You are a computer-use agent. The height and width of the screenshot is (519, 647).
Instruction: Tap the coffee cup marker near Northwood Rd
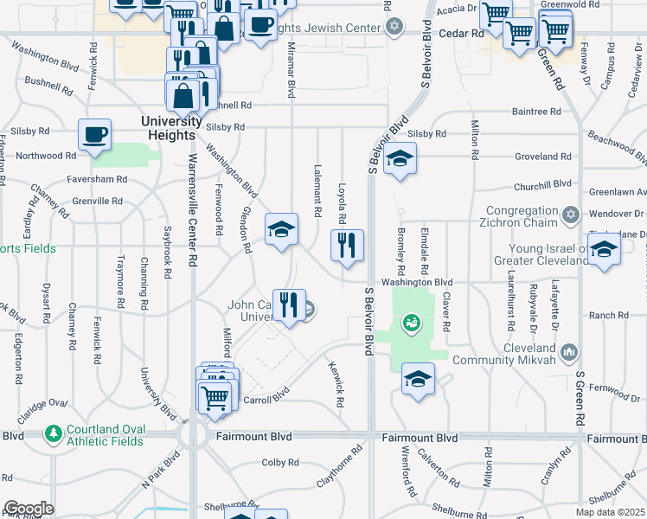[94, 135]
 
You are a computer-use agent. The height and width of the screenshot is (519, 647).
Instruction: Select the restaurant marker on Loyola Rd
[347, 245]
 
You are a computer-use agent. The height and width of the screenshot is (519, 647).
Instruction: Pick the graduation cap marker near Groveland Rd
[400, 159]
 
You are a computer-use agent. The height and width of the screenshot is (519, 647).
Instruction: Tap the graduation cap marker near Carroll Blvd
[418, 380]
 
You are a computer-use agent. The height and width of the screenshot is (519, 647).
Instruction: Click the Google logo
[29, 509]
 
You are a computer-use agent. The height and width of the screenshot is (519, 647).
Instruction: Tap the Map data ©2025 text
[610, 512]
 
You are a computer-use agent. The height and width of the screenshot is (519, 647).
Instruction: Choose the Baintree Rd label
[536, 112]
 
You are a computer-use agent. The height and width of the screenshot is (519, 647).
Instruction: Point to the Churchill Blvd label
[543, 183]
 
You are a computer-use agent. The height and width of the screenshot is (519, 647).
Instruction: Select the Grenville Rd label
[98, 201]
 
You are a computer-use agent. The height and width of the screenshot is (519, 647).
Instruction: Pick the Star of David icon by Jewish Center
[394, 28]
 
